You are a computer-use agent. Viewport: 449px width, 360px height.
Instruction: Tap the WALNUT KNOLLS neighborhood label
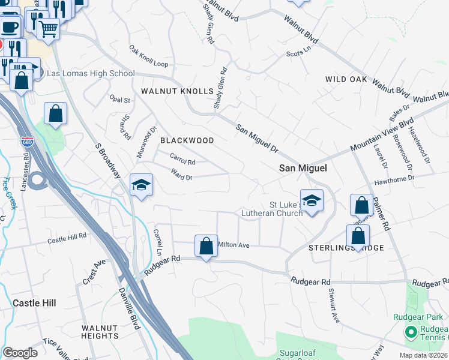tap(177, 91)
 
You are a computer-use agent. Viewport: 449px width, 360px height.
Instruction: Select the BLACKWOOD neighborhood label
tap(187, 140)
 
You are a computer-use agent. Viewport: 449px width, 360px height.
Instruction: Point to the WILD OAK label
tap(345, 79)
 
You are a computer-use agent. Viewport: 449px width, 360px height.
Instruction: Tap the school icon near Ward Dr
tap(141, 184)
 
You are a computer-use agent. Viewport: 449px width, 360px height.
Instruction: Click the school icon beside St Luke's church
tap(312, 200)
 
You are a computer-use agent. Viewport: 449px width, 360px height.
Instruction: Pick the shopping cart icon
tap(48, 27)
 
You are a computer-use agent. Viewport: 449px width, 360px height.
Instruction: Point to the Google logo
tap(20, 353)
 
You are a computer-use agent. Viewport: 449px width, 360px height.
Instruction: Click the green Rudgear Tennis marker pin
tap(412, 331)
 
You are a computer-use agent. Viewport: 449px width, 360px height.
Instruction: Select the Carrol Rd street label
tap(183, 160)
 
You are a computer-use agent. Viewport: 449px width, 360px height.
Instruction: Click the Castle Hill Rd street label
tap(68, 239)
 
